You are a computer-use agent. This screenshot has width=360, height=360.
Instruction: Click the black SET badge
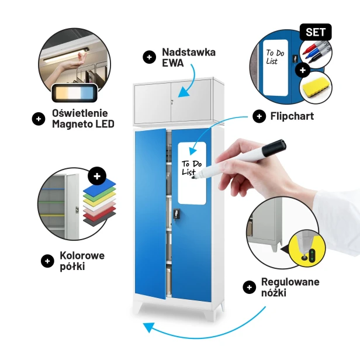pyautogui.click(x=316, y=32)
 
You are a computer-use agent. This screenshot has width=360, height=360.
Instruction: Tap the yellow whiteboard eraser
pyautogui.click(x=316, y=87)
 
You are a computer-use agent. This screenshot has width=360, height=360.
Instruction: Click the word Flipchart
pyautogui.click(x=292, y=116)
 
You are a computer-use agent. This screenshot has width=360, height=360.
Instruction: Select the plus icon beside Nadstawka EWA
pyautogui.click(x=149, y=57)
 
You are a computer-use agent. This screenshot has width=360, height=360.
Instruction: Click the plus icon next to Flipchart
pyautogui.click(x=259, y=116)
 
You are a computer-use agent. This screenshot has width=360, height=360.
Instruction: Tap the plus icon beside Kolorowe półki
pyautogui.click(x=47, y=261)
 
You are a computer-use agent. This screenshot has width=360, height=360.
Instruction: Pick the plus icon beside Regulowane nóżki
pyautogui.click(x=249, y=287)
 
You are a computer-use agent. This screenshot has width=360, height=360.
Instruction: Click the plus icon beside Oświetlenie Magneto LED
pyautogui.click(x=39, y=119)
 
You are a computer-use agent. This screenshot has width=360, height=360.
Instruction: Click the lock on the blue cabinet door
pyautogui.click(x=176, y=213)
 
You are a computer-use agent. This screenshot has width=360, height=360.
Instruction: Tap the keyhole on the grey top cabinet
pyautogui.click(x=172, y=101)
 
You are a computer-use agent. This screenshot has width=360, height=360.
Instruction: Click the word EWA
pyautogui.click(x=172, y=63)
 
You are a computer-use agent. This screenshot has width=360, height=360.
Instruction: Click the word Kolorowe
pyautogui.click(x=82, y=255)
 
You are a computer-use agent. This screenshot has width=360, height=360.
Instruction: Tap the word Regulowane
pyautogui.click(x=290, y=282)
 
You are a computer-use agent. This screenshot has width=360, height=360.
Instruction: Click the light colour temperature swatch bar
pyautogui.click(x=75, y=93)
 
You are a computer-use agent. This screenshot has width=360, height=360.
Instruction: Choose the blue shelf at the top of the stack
pyautogui.click(x=99, y=187)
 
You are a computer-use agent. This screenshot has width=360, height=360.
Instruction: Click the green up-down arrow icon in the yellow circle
pyautogui.click(x=312, y=255)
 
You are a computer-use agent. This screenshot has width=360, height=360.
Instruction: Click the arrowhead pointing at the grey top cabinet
pyautogui.click(x=184, y=93)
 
